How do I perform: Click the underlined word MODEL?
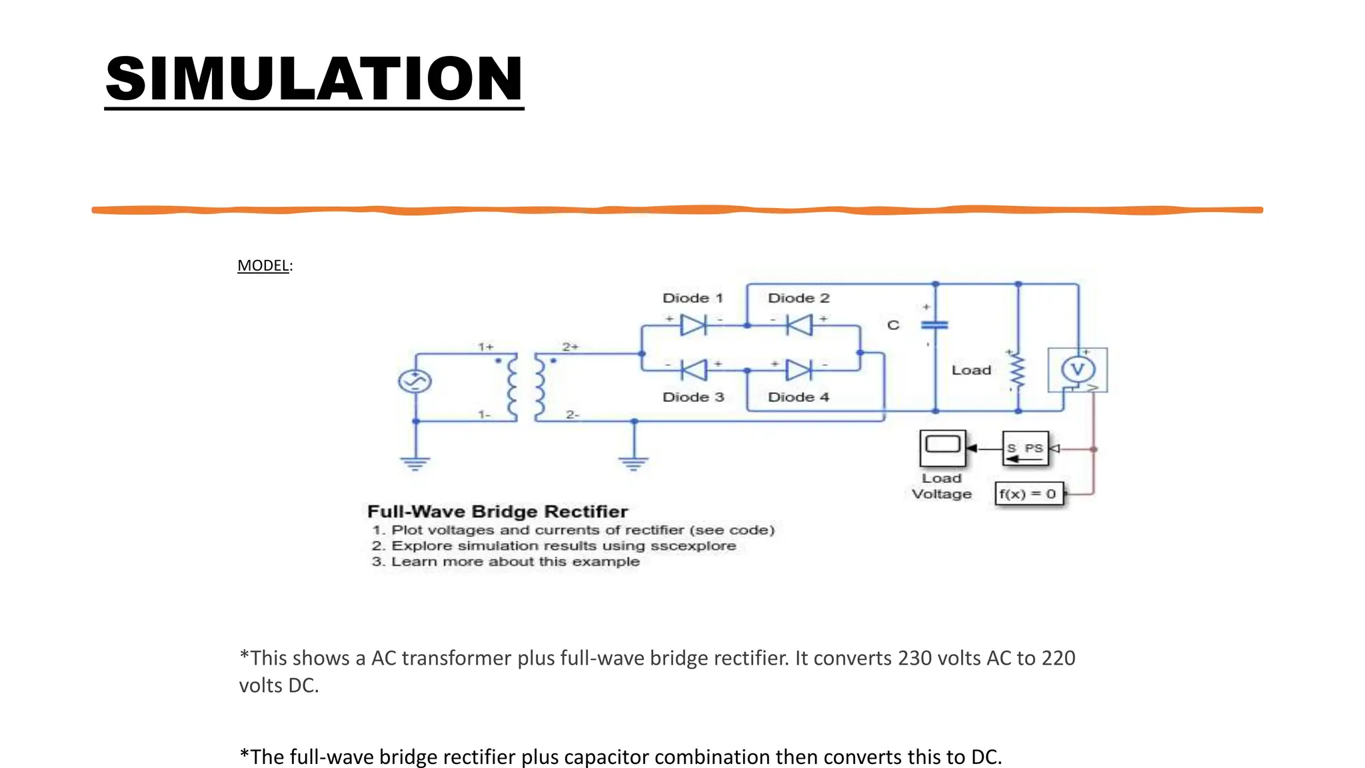(x=263, y=265)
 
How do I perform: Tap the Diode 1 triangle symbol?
(x=693, y=325)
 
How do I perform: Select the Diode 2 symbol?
(x=798, y=325)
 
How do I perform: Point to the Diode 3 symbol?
(x=693, y=369)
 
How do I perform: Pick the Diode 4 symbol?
(x=798, y=369)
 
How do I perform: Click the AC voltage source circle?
(x=415, y=381)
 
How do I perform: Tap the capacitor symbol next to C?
(x=934, y=325)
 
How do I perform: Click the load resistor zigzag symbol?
(x=1017, y=371)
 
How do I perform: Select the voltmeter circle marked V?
(x=1078, y=369)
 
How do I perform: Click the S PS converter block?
(x=1026, y=449)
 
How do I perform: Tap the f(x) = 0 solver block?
(x=1028, y=494)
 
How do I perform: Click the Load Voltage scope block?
(x=942, y=448)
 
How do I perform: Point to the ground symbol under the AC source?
(x=415, y=463)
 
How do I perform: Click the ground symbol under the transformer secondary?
(x=633, y=463)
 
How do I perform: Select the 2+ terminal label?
(x=571, y=347)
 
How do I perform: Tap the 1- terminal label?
(x=485, y=415)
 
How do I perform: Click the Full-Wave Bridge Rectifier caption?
(x=497, y=511)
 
